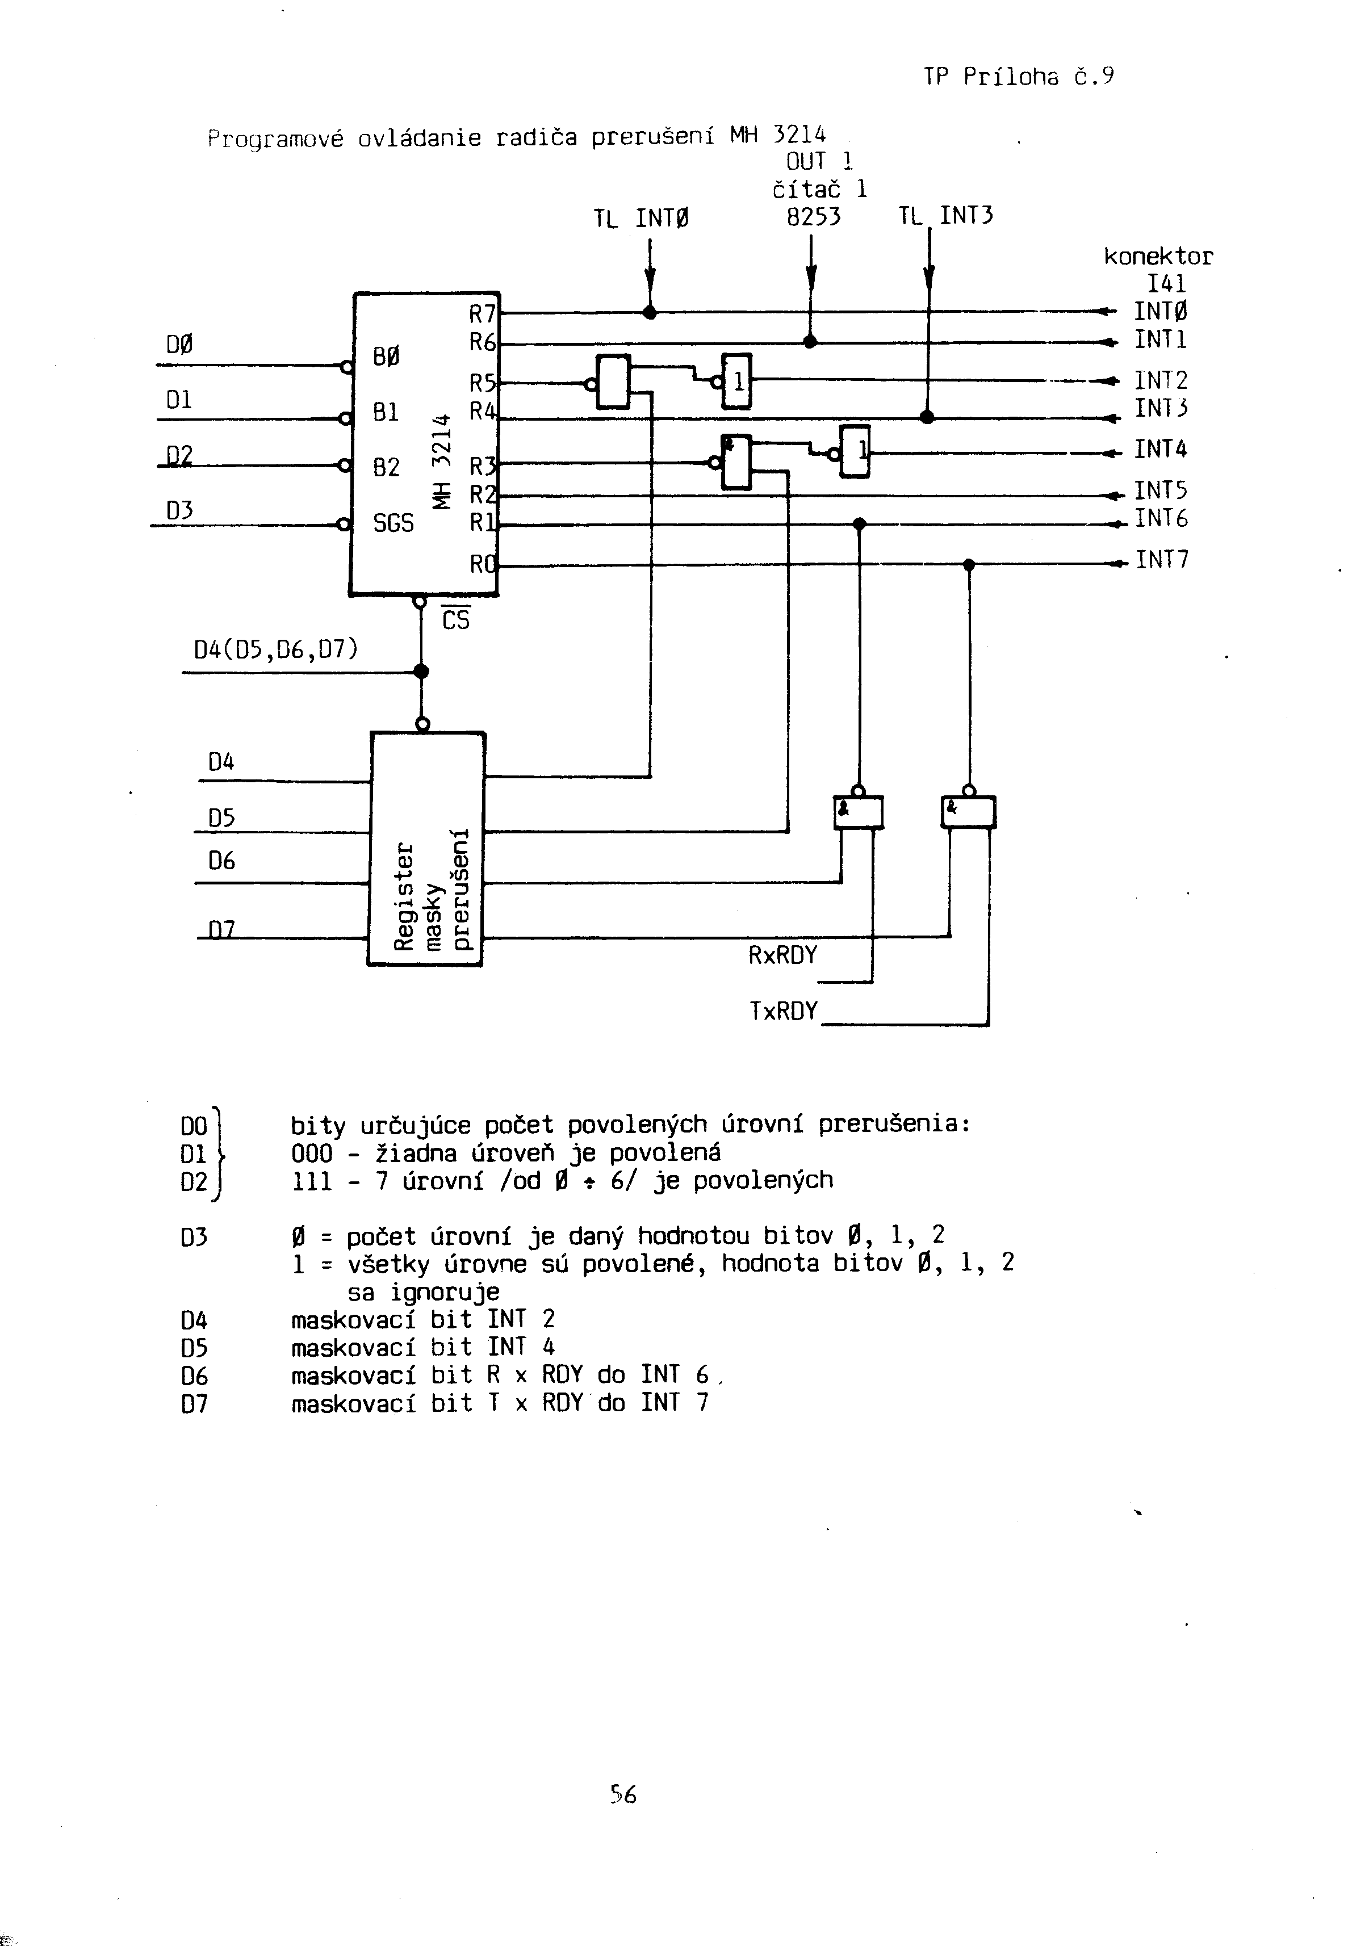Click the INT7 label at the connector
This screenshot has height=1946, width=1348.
tap(1161, 560)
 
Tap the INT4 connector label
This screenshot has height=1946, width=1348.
tap(1161, 449)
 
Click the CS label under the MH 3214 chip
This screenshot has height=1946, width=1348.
tap(455, 620)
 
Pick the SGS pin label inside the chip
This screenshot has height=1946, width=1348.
tap(393, 523)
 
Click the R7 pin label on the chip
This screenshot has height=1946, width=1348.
tap(482, 315)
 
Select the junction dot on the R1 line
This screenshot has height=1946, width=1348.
tap(859, 525)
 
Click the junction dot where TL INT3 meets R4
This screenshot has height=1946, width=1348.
tap(927, 417)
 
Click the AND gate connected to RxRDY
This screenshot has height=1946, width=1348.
tap(858, 812)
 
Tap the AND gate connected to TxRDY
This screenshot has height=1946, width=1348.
tap(969, 812)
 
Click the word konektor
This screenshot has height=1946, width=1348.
tap(1158, 257)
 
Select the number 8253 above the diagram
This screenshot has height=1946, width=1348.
tap(813, 217)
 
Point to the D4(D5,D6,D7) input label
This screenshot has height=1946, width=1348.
tap(276, 649)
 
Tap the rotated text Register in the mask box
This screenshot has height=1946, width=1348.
tap(405, 895)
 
